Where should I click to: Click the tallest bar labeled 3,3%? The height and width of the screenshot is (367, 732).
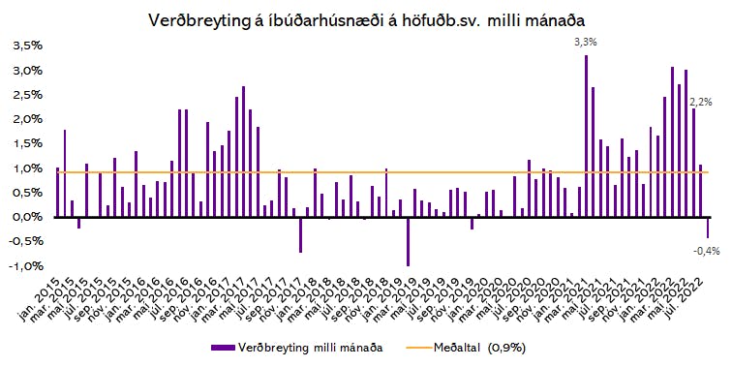tap(586, 136)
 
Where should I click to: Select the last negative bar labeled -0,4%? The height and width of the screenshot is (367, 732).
tap(708, 228)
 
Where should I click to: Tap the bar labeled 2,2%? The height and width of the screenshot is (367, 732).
tap(693, 163)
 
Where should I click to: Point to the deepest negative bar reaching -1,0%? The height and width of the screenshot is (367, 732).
tap(408, 241)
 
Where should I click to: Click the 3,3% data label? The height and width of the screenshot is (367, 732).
tap(586, 42)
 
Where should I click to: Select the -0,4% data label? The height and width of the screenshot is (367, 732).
tap(706, 251)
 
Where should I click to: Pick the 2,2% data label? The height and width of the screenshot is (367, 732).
tap(701, 103)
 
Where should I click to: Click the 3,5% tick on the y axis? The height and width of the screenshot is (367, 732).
tap(27, 46)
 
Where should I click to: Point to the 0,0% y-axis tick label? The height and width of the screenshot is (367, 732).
tap(27, 217)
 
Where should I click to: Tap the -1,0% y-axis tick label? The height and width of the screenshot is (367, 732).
tap(26, 266)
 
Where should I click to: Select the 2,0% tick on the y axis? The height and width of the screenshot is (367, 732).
tap(27, 119)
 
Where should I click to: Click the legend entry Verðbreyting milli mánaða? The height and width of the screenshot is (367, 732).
tap(297, 348)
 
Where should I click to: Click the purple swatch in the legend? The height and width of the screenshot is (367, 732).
tap(223, 348)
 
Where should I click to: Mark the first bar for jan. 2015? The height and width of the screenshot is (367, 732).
tap(58, 193)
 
